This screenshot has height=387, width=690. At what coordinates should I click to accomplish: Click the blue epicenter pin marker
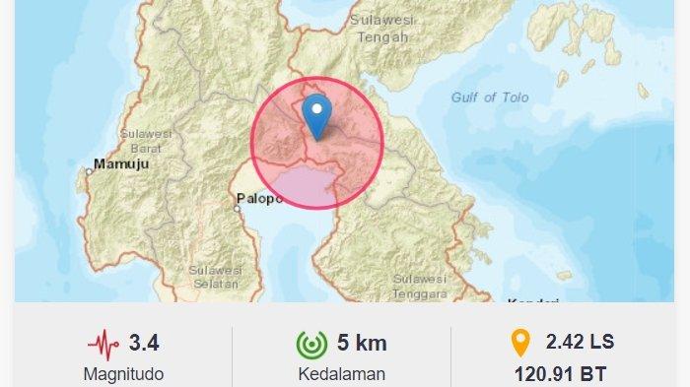pyautogui.click(x=316, y=116)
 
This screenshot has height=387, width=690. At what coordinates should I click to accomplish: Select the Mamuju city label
pyautogui.click(x=120, y=164)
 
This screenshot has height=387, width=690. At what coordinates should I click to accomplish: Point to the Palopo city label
pyautogui.click(x=258, y=200)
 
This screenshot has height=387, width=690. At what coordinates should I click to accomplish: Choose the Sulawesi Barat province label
pyautogui.click(x=146, y=141)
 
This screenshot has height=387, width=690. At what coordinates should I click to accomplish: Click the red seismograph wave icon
pyautogui.click(x=103, y=344)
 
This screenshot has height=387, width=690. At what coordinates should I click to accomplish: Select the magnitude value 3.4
pyautogui.click(x=144, y=343)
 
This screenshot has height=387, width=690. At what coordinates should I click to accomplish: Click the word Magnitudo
pyautogui.click(x=123, y=374)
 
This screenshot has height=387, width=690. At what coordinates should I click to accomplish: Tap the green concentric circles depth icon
pyautogui.click(x=312, y=344)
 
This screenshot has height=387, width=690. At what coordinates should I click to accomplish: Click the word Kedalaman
pyautogui.click(x=341, y=374)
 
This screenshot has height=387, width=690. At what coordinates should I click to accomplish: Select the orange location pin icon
pyautogui.click(x=518, y=343)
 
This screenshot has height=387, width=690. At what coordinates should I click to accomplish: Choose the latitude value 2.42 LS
pyautogui.click(x=580, y=342)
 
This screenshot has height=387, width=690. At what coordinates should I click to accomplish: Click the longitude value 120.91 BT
pyautogui.click(x=559, y=374)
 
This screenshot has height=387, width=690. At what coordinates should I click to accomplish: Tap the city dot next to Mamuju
pyautogui.click(x=89, y=171)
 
